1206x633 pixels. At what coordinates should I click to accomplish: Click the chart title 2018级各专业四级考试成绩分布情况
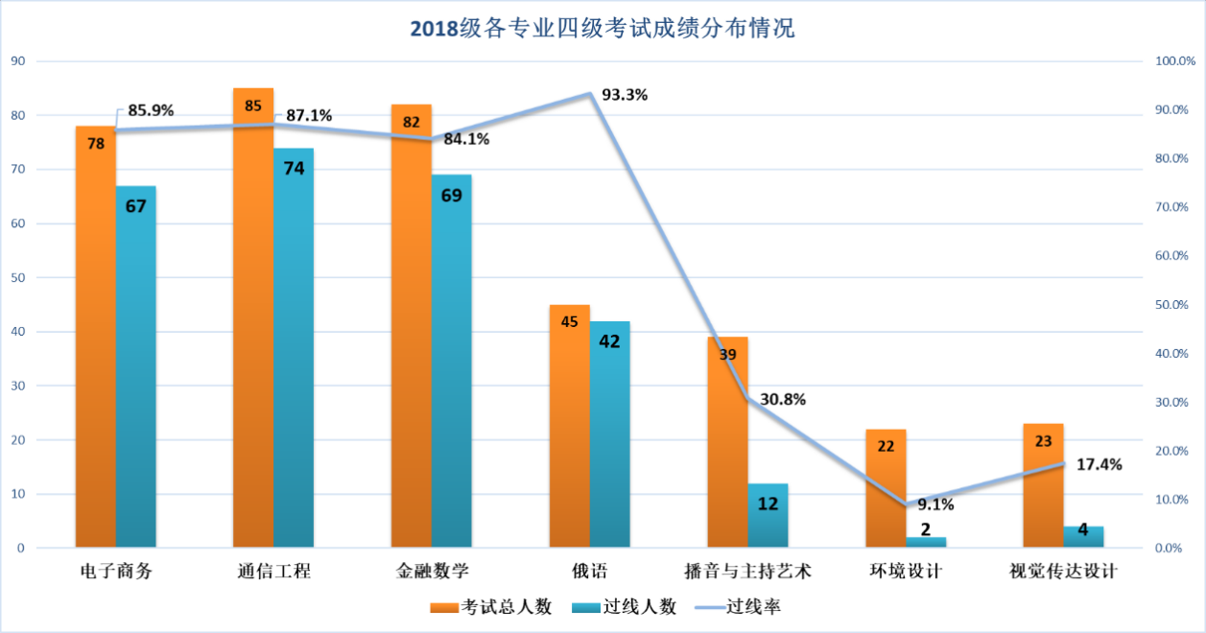(603, 28)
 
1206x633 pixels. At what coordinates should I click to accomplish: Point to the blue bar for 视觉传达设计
(1083, 537)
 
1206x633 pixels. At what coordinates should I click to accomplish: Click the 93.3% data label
(625, 95)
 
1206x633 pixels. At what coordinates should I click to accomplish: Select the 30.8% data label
(783, 399)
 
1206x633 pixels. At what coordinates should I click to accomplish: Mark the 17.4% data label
(1099, 464)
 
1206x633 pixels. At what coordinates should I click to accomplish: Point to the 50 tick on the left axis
(16, 278)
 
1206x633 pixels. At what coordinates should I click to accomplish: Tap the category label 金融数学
(432, 573)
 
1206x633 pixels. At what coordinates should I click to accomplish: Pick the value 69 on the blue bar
(451, 195)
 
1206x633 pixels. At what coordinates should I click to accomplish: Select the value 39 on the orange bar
(727, 354)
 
